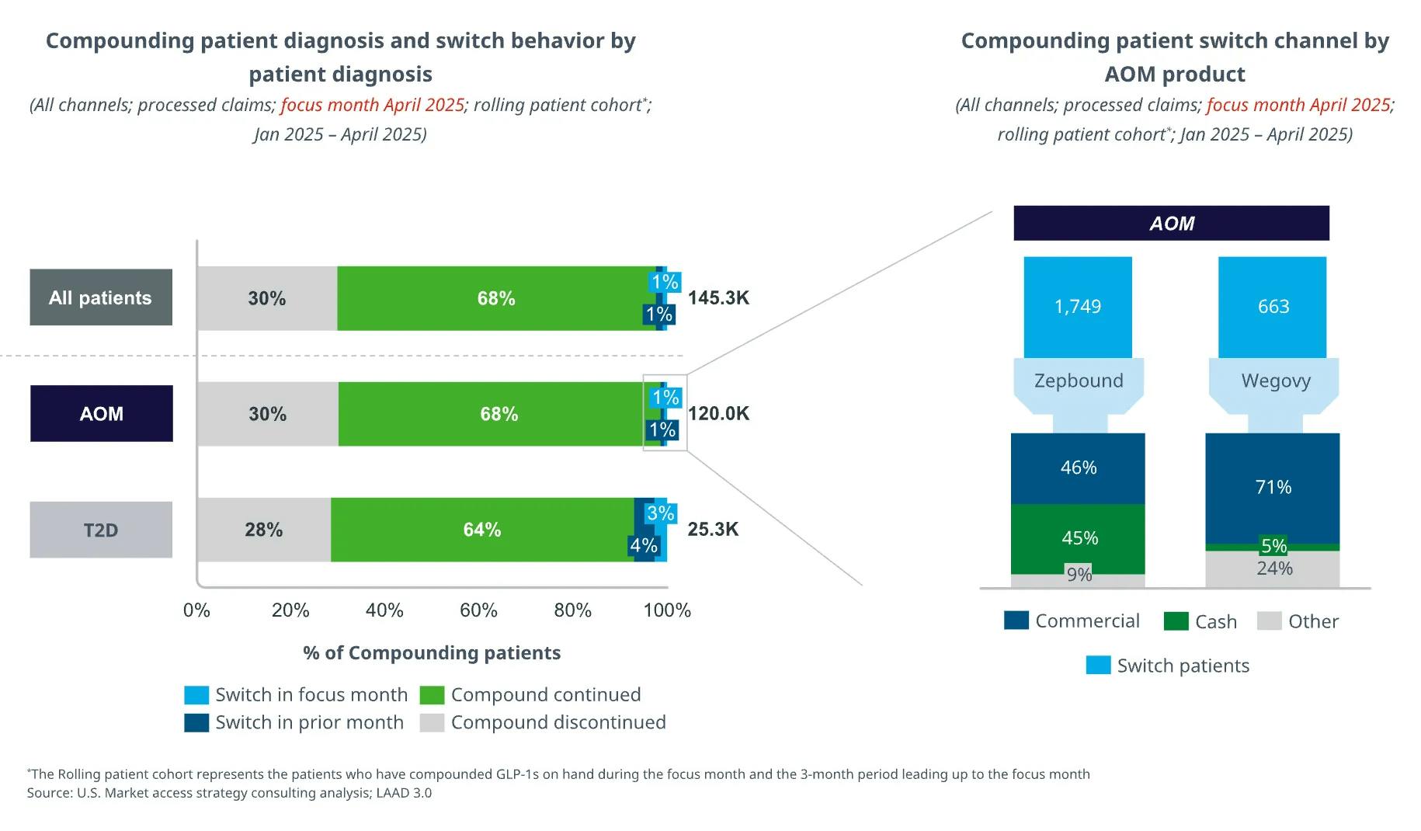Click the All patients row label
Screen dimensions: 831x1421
101,297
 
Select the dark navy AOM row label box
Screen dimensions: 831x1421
102,413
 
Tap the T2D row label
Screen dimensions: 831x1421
101,530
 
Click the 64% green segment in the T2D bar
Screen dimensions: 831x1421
481,530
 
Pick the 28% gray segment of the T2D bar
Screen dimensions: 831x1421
264,530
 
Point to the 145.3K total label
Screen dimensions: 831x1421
718,297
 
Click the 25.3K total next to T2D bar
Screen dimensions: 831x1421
713,530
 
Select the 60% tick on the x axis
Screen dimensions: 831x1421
478,610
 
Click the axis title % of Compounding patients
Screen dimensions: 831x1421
432,652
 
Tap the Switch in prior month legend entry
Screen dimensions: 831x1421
295,722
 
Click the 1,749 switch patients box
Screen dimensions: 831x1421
1078,307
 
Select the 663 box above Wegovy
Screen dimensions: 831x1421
1273,307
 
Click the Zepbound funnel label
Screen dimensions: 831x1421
1079,381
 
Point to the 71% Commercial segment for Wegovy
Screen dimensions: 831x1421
1273,487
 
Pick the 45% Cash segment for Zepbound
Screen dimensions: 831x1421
1079,538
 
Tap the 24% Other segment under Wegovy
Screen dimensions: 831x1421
1273,569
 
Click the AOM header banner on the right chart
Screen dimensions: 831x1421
1171,224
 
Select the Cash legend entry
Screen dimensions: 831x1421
1201,621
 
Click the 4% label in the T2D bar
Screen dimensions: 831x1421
644,545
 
